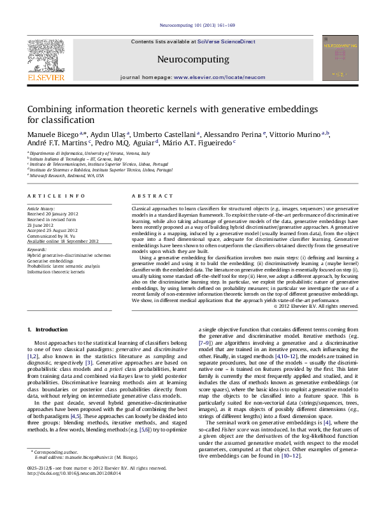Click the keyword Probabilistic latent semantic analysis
click(x=64, y=266)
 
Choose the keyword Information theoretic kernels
click(x=55, y=271)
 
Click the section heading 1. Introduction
click(x=48, y=329)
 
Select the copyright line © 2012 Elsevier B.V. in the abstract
click(x=315, y=307)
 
